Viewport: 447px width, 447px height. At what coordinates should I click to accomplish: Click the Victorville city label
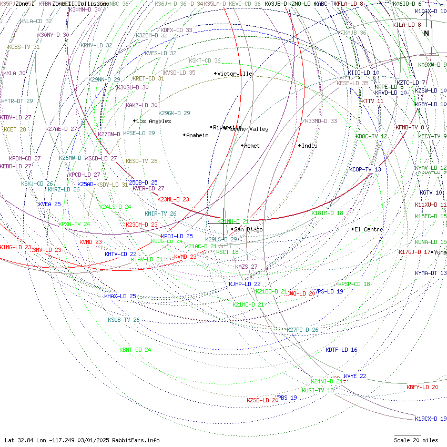[235, 74]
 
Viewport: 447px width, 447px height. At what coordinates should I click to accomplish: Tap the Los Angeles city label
[153, 121]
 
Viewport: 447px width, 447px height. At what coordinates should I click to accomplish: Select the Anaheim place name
[197, 135]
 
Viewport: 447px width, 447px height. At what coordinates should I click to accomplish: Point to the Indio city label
[309, 146]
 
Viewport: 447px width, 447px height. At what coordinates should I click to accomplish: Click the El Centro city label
[369, 229]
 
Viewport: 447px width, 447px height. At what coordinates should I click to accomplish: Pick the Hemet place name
[252, 146]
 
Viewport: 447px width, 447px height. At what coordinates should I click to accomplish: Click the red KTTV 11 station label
[372, 101]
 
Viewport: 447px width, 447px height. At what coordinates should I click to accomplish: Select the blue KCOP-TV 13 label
[365, 169]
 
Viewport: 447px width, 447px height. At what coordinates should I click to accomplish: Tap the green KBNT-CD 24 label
[135, 350]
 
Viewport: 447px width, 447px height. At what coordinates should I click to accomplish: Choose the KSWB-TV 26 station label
[124, 320]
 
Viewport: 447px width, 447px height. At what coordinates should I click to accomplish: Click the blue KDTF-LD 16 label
[341, 350]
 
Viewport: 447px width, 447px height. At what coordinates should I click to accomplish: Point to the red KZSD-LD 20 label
[262, 400]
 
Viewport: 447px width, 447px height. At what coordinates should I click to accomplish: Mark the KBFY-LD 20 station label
[422, 387]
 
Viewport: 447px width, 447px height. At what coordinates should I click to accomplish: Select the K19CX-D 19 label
[430, 419]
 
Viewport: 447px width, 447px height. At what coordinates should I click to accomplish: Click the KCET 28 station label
[15, 129]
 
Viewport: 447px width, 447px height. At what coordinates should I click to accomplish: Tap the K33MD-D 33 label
[321, 121]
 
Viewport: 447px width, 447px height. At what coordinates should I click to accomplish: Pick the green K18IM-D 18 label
[327, 213]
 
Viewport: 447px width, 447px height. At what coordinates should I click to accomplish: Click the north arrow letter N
[426, 33]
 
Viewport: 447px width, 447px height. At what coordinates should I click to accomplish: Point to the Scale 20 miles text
[416, 440]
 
